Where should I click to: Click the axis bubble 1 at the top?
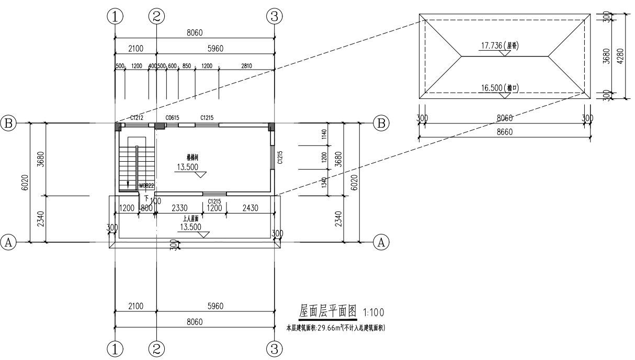[115, 16]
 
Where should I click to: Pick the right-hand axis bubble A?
[381, 242]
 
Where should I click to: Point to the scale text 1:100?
[373, 313]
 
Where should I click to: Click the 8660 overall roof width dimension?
[505, 133]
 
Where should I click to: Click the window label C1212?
[137, 118]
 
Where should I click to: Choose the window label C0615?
[172, 118]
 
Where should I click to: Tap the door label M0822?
[146, 186]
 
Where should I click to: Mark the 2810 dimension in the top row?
[246, 66]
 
